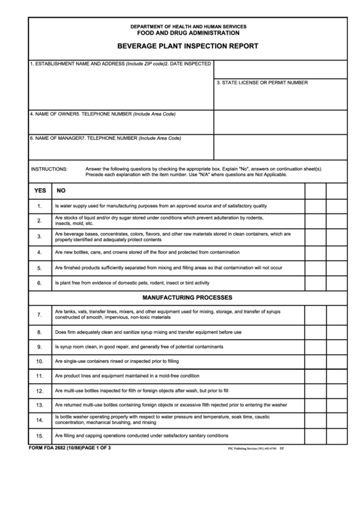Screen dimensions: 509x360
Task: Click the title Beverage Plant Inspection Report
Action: [x=187, y=47]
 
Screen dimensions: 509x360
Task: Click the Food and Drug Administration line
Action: [x=187, y=33]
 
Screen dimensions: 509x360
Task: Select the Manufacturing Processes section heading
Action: [x=187, y=298]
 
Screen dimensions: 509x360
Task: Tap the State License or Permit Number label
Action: [x=262, y=83]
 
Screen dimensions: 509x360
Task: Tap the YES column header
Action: [x=40, y=190]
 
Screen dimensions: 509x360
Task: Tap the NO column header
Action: [x=61, y=190]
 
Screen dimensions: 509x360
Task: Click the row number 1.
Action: [x=40, y=206]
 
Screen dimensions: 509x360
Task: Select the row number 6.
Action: [x=40, y=283]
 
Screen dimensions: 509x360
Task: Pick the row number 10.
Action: [x=40, y=361]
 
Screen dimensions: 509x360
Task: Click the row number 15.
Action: [x=40, y=436]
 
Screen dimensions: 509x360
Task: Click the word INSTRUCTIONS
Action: [x=50, y=169]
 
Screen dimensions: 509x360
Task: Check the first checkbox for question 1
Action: [x=315, y=206]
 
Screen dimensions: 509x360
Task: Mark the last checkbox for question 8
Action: [x=337, y=332]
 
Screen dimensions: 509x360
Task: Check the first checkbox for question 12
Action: [x=315, y=391]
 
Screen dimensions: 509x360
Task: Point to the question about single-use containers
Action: [x=116, y=361]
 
